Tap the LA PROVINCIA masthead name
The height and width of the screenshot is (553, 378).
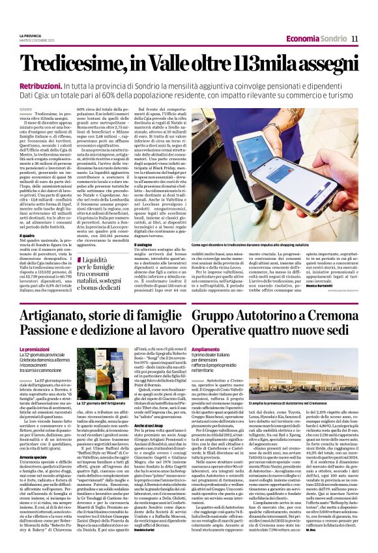point(31,35)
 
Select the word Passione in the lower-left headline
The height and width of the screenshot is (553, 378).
point(46,332)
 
